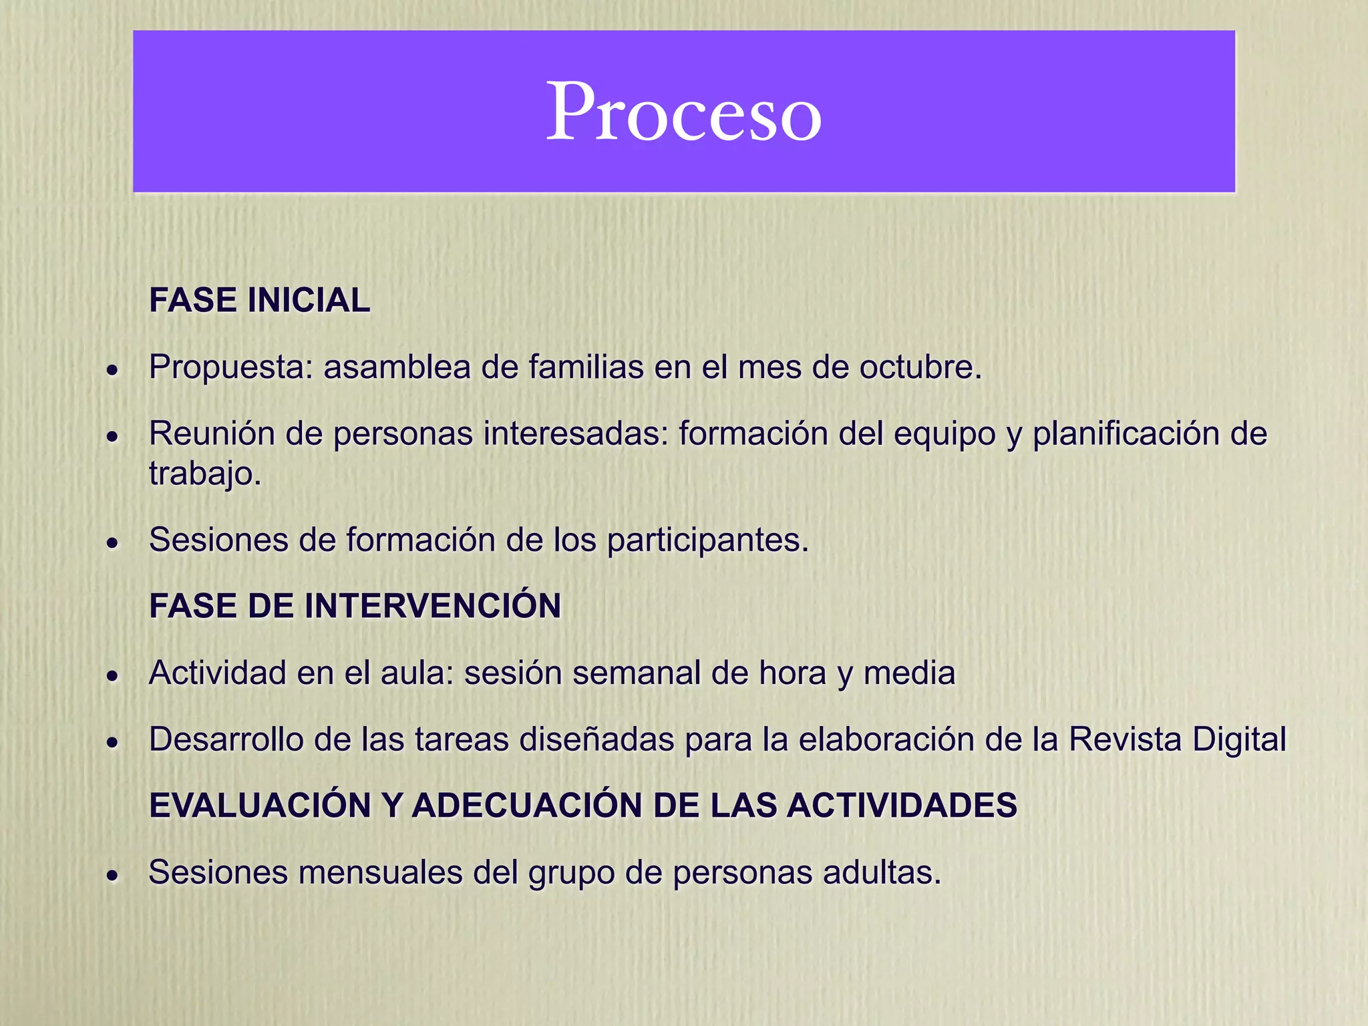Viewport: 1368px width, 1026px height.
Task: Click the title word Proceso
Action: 683,112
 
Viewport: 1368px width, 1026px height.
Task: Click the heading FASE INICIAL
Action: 259,300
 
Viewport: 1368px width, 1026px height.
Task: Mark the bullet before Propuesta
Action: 114,369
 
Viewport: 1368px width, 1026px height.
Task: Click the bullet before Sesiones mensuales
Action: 114,875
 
